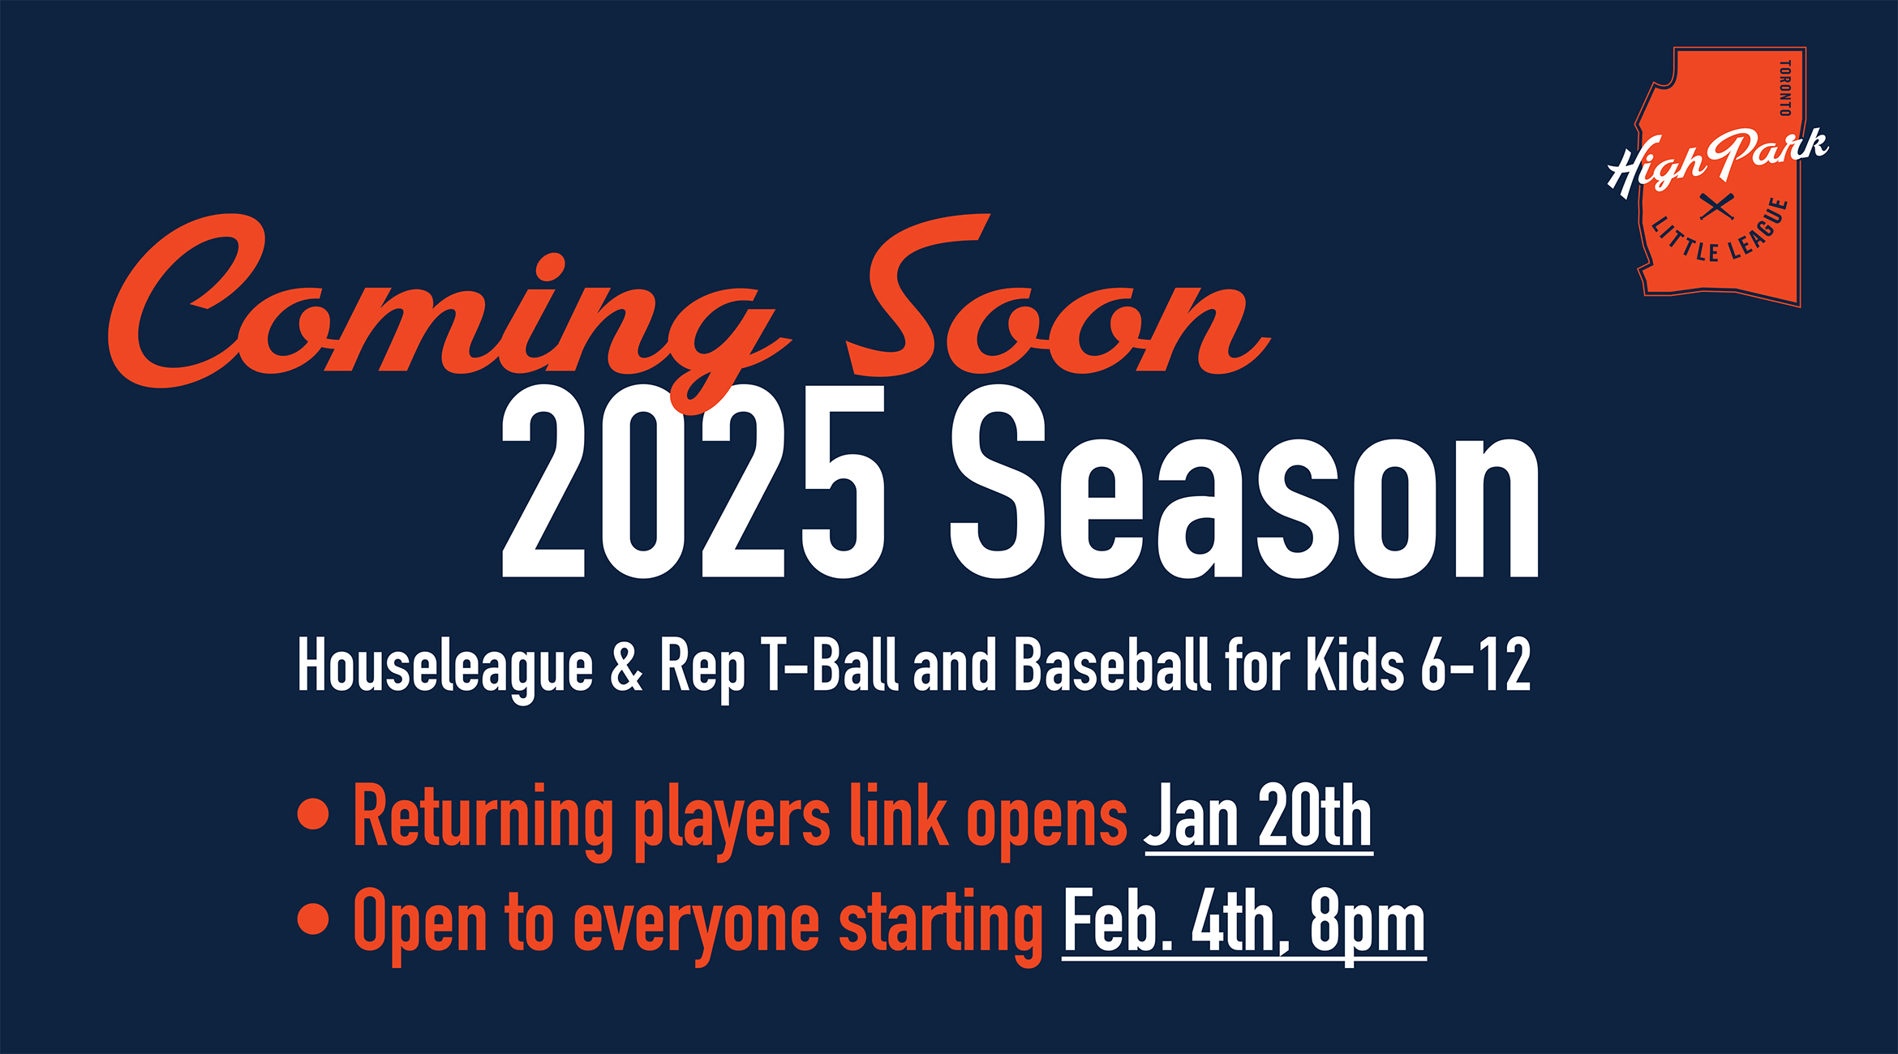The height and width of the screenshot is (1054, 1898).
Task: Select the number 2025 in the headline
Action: [x=693, y=482]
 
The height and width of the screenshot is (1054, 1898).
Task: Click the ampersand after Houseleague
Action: [x=626, y=666]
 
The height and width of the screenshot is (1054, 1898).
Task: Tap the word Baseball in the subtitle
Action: [x=1112, y=665]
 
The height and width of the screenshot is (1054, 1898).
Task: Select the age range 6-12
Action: [x=1475, y=665]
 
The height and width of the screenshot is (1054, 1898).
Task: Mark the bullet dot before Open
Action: [x=313, y=919]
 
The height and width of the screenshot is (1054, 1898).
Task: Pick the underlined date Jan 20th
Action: [x=1258, y=817]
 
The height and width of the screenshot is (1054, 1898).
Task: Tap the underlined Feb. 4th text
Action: [x=1176, y=923]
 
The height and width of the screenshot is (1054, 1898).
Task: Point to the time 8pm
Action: [x=1368, y=926]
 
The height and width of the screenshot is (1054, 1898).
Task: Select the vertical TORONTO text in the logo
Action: [x=1784, y=88]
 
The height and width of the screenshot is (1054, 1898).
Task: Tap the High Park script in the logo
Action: [x=1718, y=161]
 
